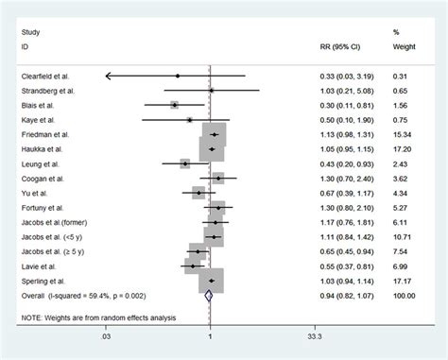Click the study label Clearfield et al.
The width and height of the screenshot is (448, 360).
pos(46,76)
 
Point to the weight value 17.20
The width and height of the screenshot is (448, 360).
pos(402,149)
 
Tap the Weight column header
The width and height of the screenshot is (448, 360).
pos(403,44)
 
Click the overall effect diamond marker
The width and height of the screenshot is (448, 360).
pos(208,296)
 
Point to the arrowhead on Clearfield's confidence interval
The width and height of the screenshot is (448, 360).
pos(110,76)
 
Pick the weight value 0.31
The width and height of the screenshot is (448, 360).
pos(404,76)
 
